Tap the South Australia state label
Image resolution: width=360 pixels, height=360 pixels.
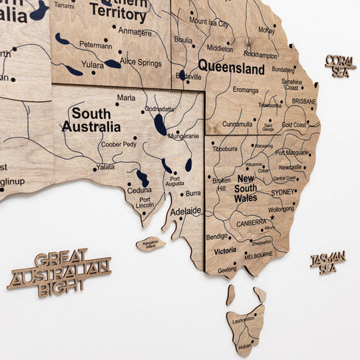[91, 120]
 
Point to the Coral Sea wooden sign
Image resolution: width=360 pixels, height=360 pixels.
[340, 64]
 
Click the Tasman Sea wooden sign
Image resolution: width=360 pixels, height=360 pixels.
[328, 262]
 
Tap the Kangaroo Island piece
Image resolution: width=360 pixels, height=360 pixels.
[150, 243]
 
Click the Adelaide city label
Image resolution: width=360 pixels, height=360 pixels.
[186, 212]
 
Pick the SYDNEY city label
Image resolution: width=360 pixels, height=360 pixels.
[283, 192]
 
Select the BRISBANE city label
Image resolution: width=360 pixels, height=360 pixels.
[303, 102]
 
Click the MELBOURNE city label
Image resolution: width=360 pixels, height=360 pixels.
[258, 255]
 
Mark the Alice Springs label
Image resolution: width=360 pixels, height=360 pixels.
[140, 63]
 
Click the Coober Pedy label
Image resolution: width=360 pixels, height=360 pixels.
[118, 144]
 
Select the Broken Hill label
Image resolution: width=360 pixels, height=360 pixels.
[222, 184]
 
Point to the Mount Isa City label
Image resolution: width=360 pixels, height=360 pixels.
[209, 24]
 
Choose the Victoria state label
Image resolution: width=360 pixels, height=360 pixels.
[225, 251]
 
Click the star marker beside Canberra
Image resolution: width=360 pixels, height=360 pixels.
[272, 217]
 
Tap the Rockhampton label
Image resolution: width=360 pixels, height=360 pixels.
[260, 55]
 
